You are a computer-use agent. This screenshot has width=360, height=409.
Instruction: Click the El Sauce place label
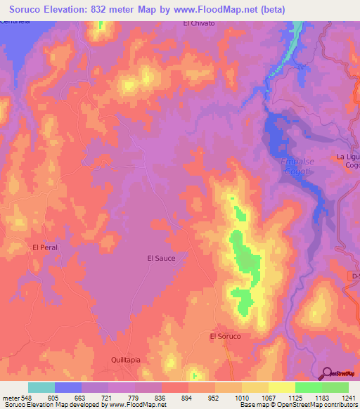tap(160, 258)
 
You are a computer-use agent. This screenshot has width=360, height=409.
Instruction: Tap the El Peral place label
tap(44, 247)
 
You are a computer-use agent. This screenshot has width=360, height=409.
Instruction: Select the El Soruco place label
tap(225, 337)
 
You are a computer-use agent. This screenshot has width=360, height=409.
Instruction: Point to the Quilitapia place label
tap(127, 358)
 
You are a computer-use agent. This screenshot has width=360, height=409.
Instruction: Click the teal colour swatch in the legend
tap(41, 387)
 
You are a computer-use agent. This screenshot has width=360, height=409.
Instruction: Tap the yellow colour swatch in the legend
tap(282, 387)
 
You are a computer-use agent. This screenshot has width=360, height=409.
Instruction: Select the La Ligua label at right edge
tap(348, 156)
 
